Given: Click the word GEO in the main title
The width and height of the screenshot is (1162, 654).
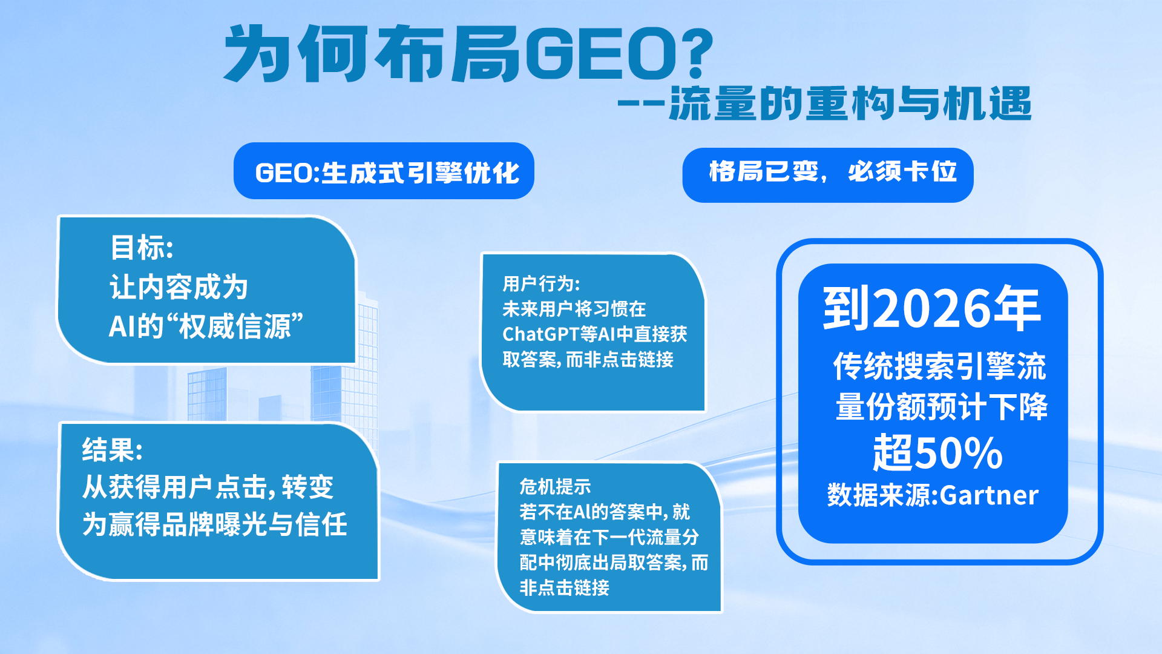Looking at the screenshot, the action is (x=600, y=54).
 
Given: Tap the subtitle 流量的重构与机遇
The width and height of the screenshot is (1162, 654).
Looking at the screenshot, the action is (x=850, y=104).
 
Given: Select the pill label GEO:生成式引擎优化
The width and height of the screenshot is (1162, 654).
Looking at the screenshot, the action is (x=387, y=173).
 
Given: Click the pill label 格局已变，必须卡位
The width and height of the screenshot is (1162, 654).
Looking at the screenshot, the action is (x=833, y=172).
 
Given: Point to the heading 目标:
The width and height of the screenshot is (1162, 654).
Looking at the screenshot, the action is (x=142, y=247).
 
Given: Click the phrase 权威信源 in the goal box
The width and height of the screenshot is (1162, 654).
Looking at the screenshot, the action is (x=235, y=326).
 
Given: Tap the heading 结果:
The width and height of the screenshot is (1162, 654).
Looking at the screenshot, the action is (x=113, y=450).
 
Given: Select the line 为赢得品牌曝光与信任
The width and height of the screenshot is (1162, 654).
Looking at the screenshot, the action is (x=215, y=524).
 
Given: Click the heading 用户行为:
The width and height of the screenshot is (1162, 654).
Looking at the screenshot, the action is (x=541, y=283).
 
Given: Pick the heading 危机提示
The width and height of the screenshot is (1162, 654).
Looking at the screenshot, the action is (x=555, y=486).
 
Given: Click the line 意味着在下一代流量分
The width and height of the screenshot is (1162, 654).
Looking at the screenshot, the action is (x=609, y=537).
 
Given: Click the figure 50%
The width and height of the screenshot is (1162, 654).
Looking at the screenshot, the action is (x=959, y=452).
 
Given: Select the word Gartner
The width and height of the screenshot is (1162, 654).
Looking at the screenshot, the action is (x=989, y=495).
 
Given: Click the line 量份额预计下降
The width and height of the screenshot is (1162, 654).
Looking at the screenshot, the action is (x=941, y=406).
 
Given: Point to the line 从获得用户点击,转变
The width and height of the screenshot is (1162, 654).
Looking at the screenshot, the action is (x=208, y=487).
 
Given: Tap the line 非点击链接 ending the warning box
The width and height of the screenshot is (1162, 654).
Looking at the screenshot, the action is (x=564, y=587).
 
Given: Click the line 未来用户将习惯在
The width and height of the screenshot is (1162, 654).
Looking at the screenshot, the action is (x=574, y=309).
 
